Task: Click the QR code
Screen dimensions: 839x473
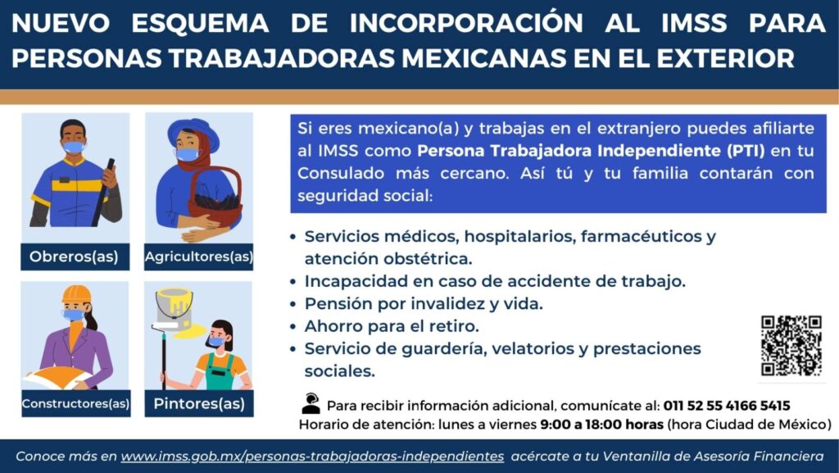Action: (791, 346)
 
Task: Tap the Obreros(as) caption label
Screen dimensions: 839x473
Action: (75, 257)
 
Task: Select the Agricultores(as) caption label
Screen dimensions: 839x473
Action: (199, 257)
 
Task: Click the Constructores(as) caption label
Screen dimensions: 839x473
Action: (75, 403)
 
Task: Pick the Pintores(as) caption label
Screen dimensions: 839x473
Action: (199, 403)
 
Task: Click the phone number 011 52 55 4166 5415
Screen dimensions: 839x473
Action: (727, 406)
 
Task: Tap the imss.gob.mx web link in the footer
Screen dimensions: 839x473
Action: (312, 457)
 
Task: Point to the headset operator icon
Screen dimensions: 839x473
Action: (311, 403)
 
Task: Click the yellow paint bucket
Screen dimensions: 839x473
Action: (174, 309)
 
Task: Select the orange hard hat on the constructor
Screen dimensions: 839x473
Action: (76, 294)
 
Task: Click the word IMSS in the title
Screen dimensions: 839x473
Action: (694, 24)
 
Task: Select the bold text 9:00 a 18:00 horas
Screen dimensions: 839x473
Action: (602, 425)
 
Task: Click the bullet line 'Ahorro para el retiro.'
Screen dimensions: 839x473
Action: (392, 326)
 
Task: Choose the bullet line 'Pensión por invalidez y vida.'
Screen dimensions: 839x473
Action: (424, 303)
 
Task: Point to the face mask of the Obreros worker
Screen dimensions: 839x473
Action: (73, 147)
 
